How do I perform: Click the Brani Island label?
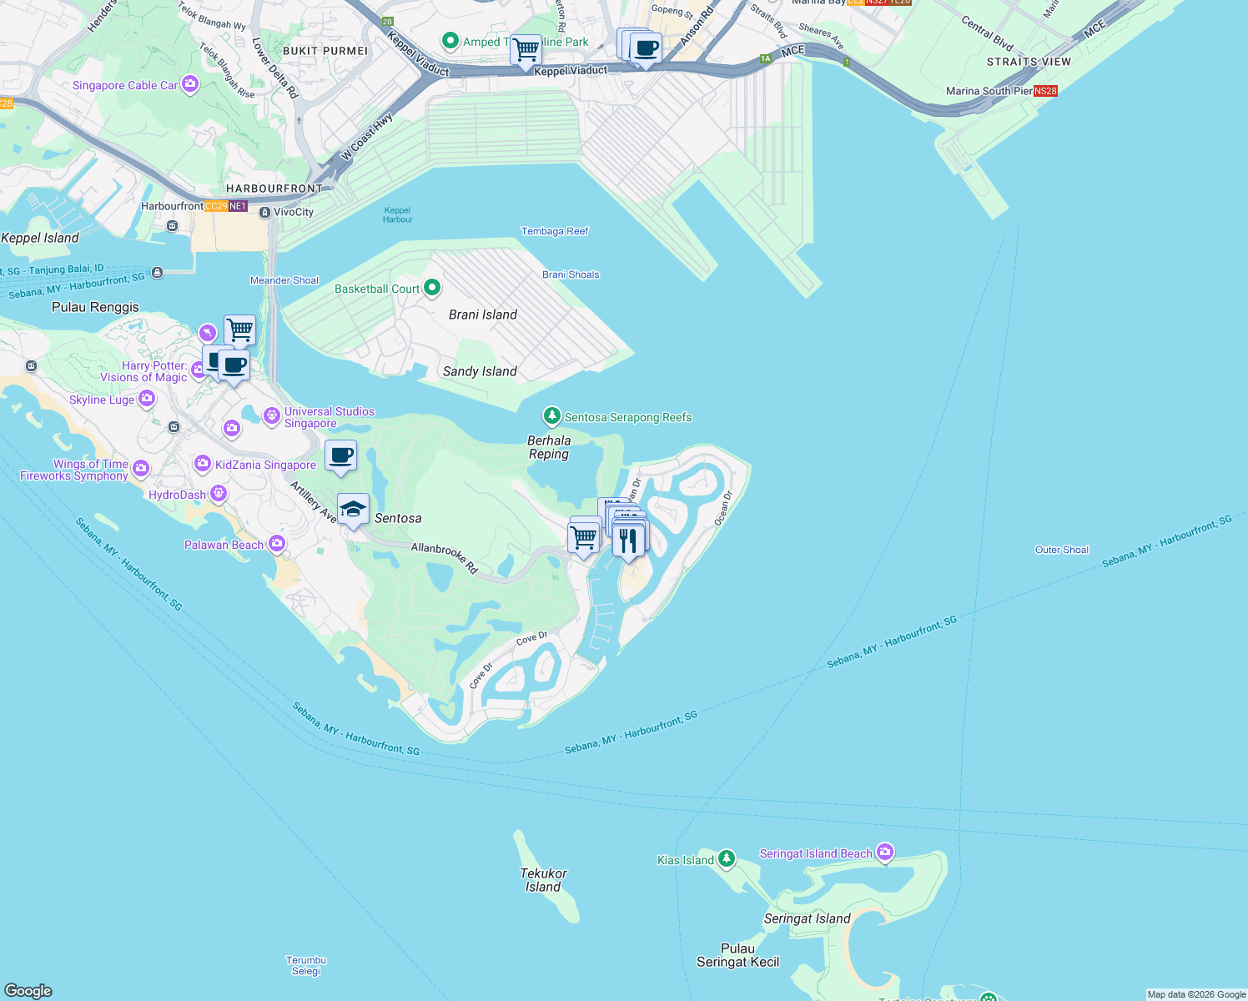[x=482, y=314]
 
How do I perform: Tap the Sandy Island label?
[x=480, y=371]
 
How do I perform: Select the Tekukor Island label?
[x=543, y=880]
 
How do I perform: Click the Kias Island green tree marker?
[x=727, y=858]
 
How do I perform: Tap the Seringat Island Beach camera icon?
[x=885, y=853]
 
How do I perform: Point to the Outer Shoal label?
[x=1061, y=550]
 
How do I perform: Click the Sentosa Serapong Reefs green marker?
[x=551, y=416]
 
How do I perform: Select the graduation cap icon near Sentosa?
[x=353, y=510]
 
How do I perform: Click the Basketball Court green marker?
[x=432, y=288]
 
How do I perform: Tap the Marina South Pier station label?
[x=989, y=91]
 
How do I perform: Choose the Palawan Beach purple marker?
[x=277, y=544]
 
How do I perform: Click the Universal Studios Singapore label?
[x=329, y=417]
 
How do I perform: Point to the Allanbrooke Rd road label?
[x=445, y=557]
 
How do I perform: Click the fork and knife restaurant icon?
[x=628, y=541]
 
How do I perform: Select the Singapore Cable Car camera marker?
[x=190, y=84]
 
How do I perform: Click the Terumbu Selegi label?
[x=306, y=965]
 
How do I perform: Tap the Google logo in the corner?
[x=28, y=990]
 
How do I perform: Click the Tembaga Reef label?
[x=555, y=231]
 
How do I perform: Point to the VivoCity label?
[x=293, y=212]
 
